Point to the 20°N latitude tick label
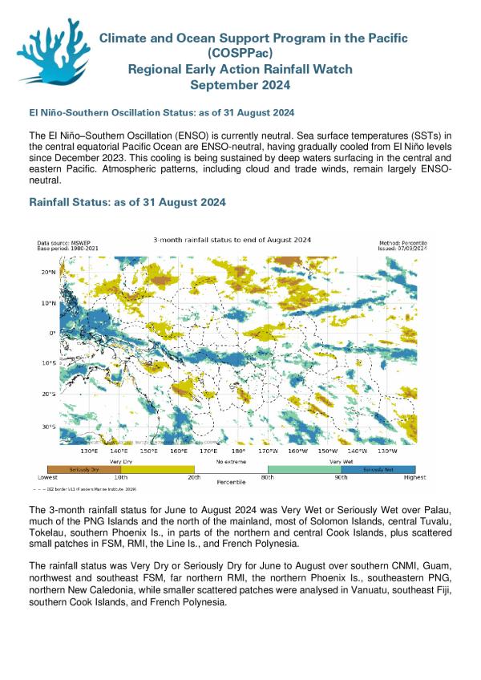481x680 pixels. pos(47,273)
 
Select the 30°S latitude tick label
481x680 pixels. pos(47,426)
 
